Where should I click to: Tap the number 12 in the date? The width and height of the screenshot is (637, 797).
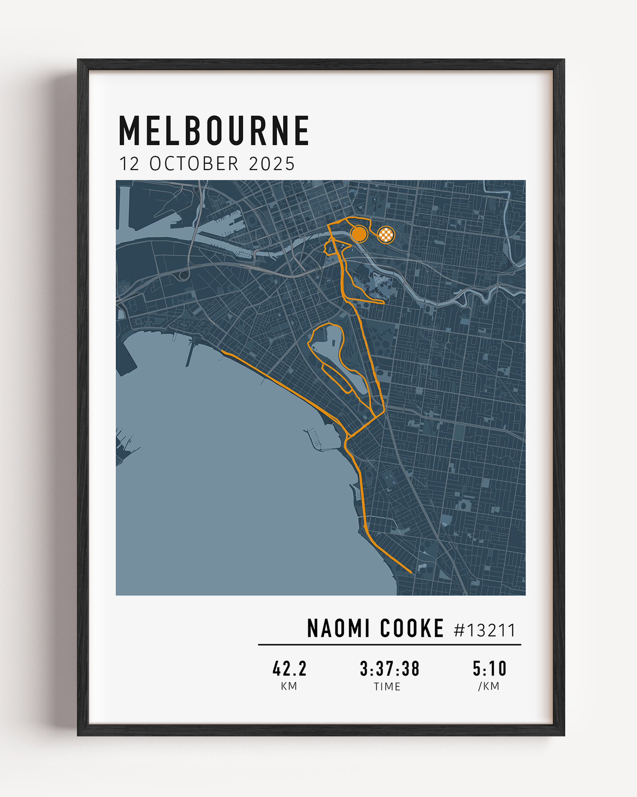(x=129, y=164)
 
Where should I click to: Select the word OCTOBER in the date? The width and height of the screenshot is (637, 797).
(x=194, y=164)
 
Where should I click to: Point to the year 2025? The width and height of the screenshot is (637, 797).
(x=272, y=164)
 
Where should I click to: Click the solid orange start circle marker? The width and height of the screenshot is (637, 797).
(x=359, y=234)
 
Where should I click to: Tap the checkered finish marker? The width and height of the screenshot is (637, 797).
(x=386, y=235)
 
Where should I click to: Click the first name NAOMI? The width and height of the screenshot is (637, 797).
(x=338, y=629)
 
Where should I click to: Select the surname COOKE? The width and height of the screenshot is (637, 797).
(x=412, y=629)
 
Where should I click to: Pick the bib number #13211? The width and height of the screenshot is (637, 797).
(x=485, y=630)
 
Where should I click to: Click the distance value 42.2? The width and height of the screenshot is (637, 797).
(x=289, y=669)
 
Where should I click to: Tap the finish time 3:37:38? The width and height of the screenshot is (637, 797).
(x=389, y=669)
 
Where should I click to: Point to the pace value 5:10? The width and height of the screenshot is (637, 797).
(x=489, y=669)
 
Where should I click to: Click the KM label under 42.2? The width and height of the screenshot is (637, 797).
(x=289, y=686)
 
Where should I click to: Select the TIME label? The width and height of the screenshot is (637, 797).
(x=387, y=687)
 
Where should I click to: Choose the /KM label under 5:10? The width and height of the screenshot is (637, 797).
(x=488, y=686)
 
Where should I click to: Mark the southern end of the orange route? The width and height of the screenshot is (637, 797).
(x=411, y=573)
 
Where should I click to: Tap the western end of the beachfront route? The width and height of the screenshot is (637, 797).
(x=222, y=351)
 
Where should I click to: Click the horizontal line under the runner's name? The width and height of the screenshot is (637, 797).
(x=389, y=644)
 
